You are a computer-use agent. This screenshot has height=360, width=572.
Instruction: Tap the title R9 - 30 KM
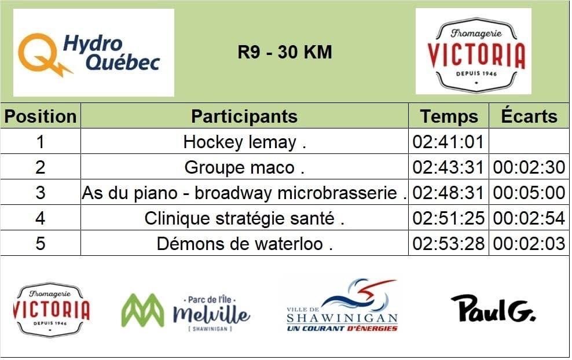click(284, 52)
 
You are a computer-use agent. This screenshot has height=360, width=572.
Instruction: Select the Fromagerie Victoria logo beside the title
click(474, 52)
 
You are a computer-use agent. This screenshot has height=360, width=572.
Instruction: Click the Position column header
click(41, 116)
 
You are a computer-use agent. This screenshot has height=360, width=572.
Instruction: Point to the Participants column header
click(244, 116)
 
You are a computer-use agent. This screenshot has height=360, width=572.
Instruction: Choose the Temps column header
click(449, 117)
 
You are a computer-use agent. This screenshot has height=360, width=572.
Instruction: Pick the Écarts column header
click(529, 116)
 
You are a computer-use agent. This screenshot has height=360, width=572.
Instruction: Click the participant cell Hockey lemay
click(244, 142)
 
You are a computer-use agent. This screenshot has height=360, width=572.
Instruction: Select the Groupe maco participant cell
click(244, 167)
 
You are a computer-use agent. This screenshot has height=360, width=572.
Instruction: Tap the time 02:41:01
click(448, 142)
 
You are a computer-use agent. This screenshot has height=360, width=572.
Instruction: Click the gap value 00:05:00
click(529, 193)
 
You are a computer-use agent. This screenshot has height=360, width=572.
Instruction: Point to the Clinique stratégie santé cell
click(244, 218)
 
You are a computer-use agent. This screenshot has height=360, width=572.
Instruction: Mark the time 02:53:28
click(448, 244)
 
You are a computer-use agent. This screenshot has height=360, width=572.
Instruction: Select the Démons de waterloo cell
click(244, 244)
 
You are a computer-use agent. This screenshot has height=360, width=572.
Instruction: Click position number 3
click(40, 193)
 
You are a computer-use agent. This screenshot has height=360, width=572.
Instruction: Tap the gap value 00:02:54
click(529, 218)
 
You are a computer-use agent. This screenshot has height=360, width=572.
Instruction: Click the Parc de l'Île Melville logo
click(186, 312)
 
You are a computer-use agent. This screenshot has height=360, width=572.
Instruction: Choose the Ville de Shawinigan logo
click(342, 306)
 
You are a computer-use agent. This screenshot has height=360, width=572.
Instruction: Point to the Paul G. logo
click(493, 308)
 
